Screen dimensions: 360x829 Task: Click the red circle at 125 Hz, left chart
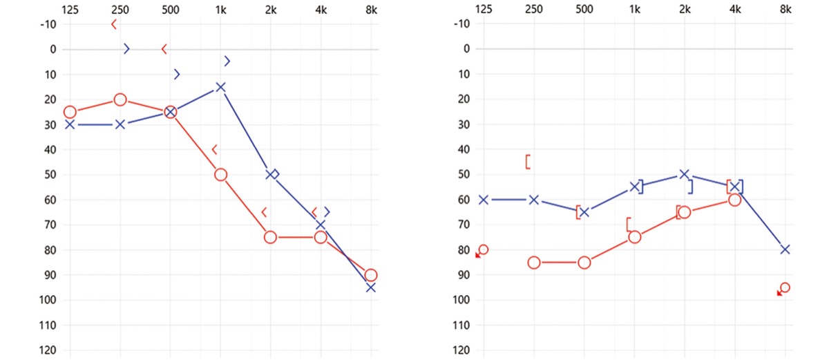click(70, 112)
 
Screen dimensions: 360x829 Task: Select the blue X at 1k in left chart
click(220, 87)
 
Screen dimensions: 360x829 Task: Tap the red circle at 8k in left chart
click(371, 275)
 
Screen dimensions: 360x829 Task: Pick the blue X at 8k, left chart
click(371, 287)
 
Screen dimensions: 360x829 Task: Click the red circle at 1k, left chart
click(220, 175)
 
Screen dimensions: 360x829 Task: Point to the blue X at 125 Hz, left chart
click(70, 124)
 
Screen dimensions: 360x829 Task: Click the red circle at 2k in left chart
click(270, 237)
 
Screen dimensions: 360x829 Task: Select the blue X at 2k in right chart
click(684, 174)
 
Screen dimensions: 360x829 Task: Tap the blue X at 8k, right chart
click(785, 249)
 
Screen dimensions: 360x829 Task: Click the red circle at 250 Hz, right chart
click(534, 263)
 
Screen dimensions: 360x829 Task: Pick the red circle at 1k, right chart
click(634, 237)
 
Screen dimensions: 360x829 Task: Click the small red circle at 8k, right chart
click(785, 287)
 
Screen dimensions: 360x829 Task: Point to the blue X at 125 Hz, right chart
click(484, 200)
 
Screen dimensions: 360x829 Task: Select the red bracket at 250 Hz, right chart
click(528, 162)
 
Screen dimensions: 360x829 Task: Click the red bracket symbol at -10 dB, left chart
click(113, 24)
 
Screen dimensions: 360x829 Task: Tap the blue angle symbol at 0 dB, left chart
click(126, 48)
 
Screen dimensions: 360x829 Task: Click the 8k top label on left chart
click(371, 9)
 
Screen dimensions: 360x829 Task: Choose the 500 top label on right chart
click(584, 9)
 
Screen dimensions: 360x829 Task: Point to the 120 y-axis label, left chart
click(48, 350)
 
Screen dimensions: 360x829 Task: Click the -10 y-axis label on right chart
click(463, 24)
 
